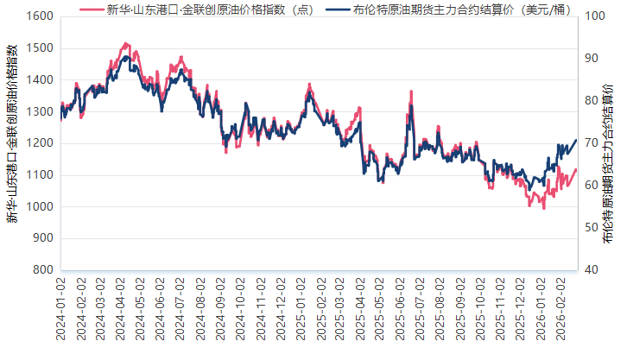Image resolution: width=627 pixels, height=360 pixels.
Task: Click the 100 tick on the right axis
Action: click(x=594, y=16)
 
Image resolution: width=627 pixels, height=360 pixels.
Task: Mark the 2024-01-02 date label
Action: click(x=60, y=309)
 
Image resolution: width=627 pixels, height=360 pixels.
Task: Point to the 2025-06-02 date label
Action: click(x=401, y=309)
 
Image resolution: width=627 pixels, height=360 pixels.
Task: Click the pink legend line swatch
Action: click(x=91, y=9)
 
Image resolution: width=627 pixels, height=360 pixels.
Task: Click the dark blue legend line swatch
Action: click(x=339, y=9)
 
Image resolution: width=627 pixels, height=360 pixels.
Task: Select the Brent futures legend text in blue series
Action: click(x=461, y=9)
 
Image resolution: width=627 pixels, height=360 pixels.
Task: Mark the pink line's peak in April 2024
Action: click(x=126, y=42)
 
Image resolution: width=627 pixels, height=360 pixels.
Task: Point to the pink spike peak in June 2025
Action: click(x=411, y=91)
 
